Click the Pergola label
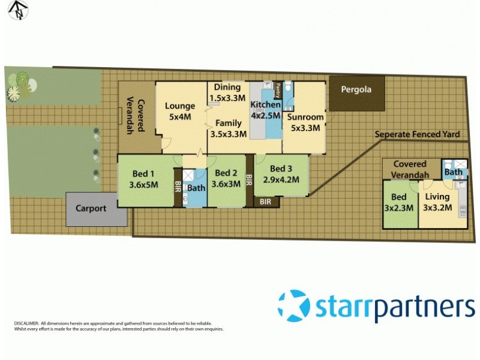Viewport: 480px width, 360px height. [357, 90]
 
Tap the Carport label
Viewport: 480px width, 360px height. [91, 209]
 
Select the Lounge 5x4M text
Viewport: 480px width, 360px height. [180, 112]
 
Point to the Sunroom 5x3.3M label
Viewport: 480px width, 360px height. [305, 122]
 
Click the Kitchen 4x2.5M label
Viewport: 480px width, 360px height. [265, 110]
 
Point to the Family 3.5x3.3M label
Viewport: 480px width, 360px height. [228, 128]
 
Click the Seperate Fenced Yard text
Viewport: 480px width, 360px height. [421, 134]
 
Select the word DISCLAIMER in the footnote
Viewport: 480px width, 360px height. [26, 323]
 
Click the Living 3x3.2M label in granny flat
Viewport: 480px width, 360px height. [437, 202]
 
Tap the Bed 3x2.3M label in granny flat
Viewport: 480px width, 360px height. [399, 202]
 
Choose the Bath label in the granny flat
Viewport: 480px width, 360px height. [454, 173]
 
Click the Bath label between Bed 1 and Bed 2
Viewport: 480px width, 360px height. [196, 187]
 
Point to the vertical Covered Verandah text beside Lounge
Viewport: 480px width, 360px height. [139, 116]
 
